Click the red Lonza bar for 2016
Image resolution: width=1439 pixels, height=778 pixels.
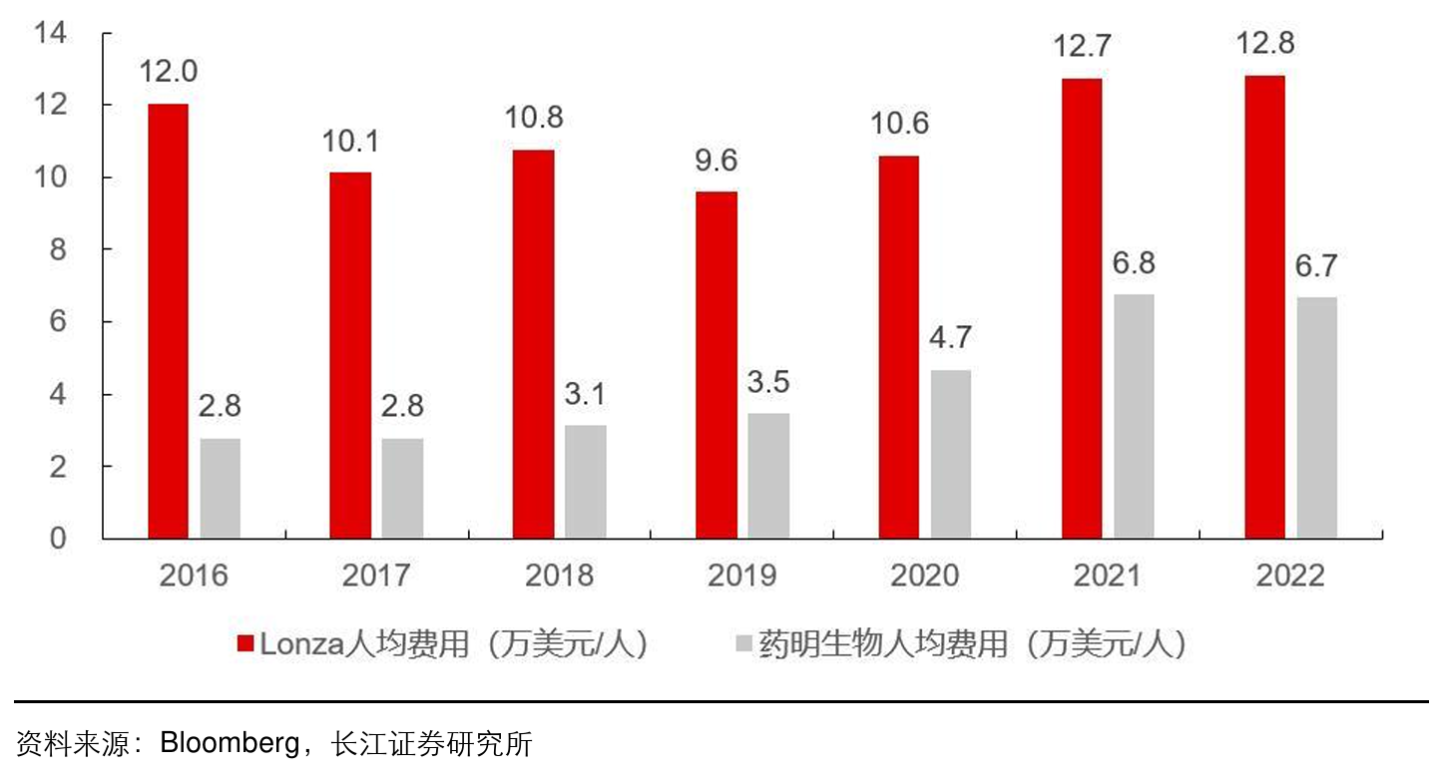click(168, 321)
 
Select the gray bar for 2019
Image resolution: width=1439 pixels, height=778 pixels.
click(768, 476)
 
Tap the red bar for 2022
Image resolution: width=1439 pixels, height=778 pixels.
click(1264, 307)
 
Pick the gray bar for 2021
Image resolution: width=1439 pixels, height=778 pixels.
click(1134, 416)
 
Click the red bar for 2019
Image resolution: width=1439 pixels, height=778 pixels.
click(716, 365)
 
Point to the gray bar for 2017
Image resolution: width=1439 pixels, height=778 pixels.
click(402, 488)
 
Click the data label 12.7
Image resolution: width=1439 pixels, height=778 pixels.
click(1082, 47)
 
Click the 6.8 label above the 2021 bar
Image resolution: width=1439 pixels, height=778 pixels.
click(1134, 263)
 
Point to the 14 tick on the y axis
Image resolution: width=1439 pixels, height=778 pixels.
click(50, 34)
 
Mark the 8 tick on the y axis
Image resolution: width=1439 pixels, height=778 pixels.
click(58, 249)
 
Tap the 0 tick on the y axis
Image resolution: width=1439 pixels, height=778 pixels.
click(58, 539)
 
